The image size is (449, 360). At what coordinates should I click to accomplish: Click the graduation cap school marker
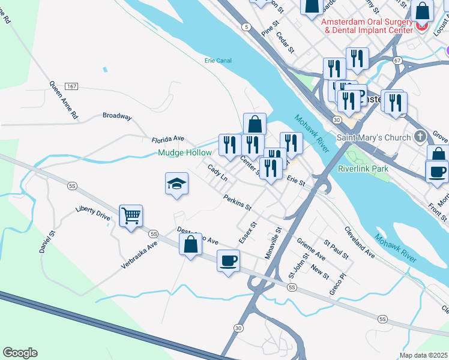tap(177, 184)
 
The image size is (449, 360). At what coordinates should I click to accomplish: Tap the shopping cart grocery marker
tap(131, 215)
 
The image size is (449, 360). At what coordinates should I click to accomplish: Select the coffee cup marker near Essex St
tap(228, 261)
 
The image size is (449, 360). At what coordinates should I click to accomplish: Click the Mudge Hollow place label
tap(185, 153)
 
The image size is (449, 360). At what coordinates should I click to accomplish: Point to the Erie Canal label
tap(218, 61)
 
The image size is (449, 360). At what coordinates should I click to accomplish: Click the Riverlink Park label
tap(363, 169)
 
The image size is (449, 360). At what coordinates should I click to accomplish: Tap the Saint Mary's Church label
tap(374, 137)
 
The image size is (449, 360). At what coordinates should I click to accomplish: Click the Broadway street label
tap(116, 116)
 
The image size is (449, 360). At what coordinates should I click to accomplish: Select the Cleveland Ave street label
tap(360, 243)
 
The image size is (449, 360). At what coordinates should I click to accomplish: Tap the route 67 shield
tap(397, 61)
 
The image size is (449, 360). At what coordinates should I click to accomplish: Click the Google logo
tap(20, 353)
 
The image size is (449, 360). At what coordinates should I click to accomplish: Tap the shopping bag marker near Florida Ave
tap(255, 124)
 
